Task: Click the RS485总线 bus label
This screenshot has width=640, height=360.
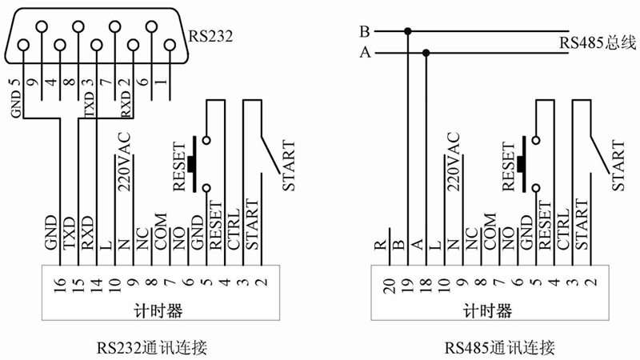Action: [x=597, y=42]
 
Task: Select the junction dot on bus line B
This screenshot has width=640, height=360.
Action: [x=408, y=32]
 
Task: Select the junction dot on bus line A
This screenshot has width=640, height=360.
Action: [x=426, y=54]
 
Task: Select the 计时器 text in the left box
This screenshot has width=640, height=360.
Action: [x=157, y=310]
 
